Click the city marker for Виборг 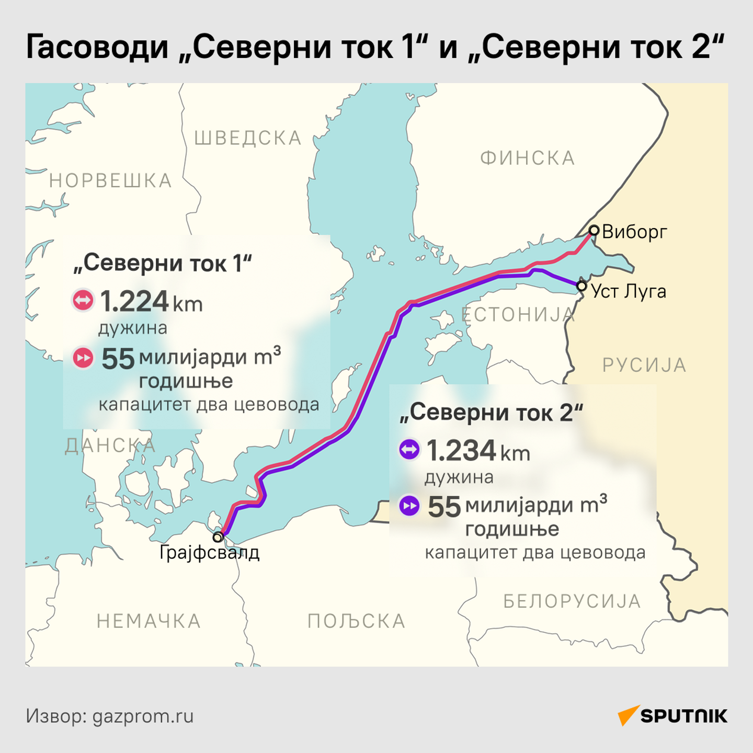pos(594,230)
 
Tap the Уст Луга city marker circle pos(581,286)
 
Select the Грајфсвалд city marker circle pos(218,537)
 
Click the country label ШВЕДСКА pos(248,138)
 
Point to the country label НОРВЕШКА pos(110,181)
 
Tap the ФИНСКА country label pos(528,158)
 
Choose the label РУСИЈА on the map pos(644,365)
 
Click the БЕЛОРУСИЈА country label pos(572,601)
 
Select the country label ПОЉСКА pos(356,621)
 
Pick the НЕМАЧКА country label pos(149,621)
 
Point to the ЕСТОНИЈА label pos(518,314)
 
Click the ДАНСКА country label pos(110,446)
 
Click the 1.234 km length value pos(478,451)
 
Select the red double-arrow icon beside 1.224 pos(83,300)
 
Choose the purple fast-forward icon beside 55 pos(409,506)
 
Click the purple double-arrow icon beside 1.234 pos(409,449)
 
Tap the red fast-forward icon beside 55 pos(83,358)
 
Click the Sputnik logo pos(672,715)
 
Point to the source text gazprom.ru pos(143,716)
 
